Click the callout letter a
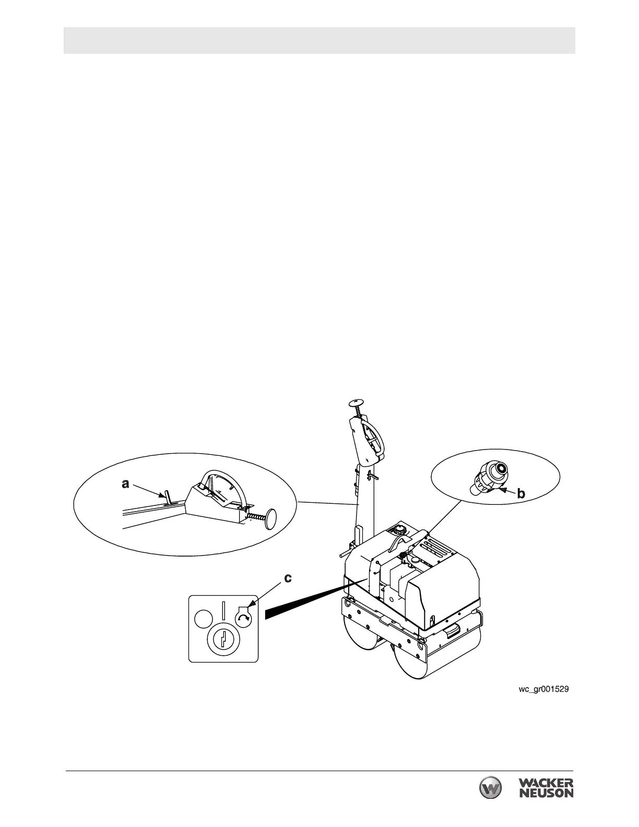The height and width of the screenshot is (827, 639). point(125,484)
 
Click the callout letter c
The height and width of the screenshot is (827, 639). point(288,578)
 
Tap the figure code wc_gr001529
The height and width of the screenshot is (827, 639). point(543,689)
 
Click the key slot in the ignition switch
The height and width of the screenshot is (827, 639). point(223,638)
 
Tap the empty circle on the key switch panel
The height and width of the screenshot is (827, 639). point(203,619)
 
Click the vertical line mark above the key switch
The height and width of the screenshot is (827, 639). point(223,610)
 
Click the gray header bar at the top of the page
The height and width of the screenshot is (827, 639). point(319,40)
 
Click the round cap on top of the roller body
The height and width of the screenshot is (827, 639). point(399,529)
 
